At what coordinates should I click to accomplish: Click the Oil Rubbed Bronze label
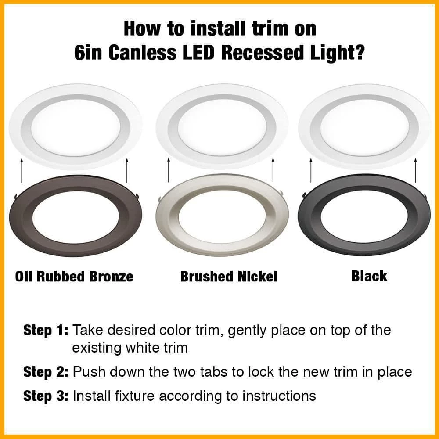coord(74,277)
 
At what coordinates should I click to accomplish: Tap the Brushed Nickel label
coord(229,277)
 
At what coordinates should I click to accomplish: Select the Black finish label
coord(369,276)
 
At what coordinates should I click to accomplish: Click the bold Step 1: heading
coord(46,330)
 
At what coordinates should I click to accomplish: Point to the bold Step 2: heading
coord(46,372)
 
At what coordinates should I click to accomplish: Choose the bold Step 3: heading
coord(46,396)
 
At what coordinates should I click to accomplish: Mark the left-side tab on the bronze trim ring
coord(15,196)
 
